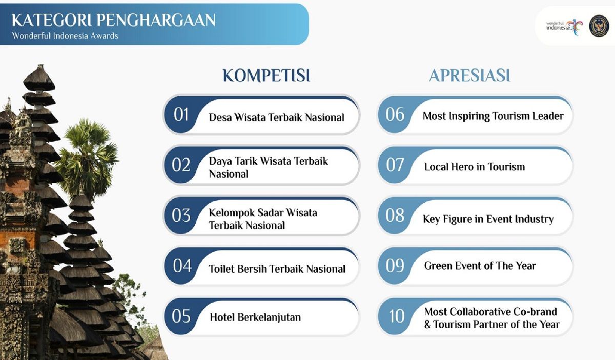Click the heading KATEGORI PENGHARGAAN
pos(113,20)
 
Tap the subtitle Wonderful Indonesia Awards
pos(65,36)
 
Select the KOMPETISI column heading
pos(266,75)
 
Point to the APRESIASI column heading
pos(470,75)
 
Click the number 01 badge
pos(181,114)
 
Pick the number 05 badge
pos(181,316)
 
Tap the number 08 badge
pos(395,215)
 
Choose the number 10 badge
pos(397,316)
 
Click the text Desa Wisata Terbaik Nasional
pos(276,117)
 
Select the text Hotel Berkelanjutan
pos(255,317)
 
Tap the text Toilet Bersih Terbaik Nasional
pos(277,269)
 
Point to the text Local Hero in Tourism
pos(475,166)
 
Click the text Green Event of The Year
pos(480,266)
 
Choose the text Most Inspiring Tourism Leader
pos(493,116)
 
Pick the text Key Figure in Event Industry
pos(488,219)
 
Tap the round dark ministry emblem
pos(599,26)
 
